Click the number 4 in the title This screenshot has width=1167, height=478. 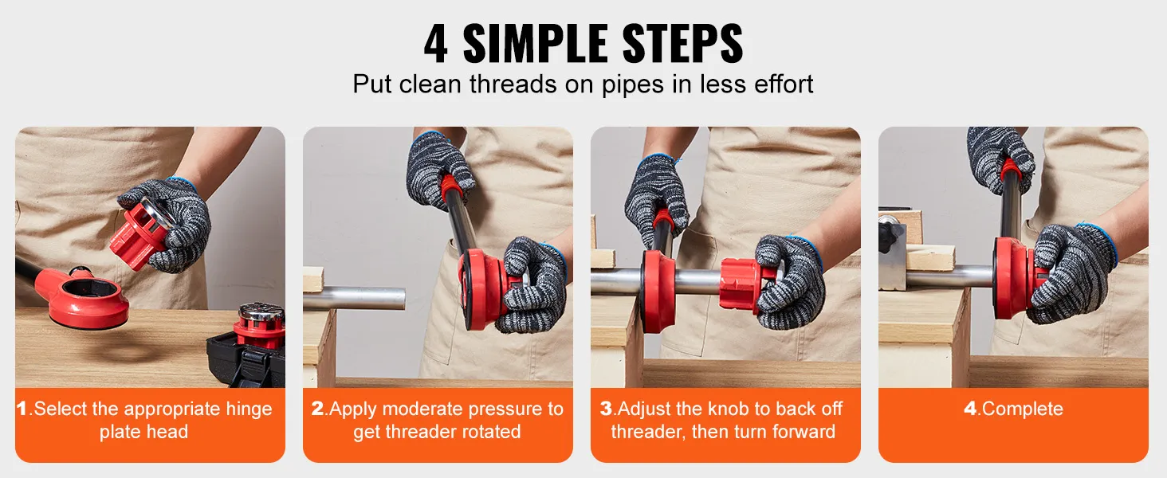coord(435,44)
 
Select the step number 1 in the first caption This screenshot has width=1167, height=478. coord(22,409)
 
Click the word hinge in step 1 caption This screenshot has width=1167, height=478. coord(247,409)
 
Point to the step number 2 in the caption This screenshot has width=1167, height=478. coord(318,409)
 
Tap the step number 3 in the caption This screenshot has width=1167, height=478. coord(606,409)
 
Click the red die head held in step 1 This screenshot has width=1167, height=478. coord(135,236)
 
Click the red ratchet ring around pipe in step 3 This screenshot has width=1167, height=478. coord(658,291)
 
